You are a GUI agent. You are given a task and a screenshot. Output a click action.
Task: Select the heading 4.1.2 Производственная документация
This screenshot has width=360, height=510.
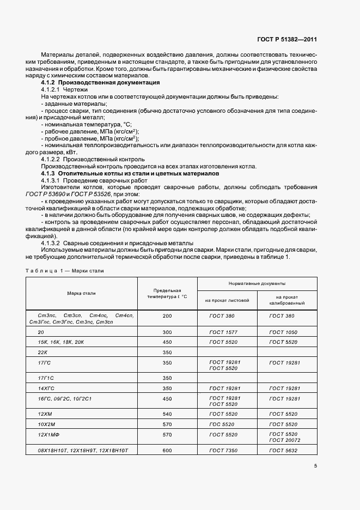tap(101, 82)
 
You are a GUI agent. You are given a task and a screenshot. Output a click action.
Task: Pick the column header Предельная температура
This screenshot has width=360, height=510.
tap(167, 294)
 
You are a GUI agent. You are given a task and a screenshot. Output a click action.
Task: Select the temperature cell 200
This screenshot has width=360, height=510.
tap(167, 316)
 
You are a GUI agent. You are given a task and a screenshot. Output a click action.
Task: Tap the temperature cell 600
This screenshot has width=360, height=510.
tap(167, 450)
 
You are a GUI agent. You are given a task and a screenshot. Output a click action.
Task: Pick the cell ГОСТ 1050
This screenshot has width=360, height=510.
tap(283, 331)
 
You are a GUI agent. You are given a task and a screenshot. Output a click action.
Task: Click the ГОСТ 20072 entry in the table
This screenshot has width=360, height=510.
tap(285, 439)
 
